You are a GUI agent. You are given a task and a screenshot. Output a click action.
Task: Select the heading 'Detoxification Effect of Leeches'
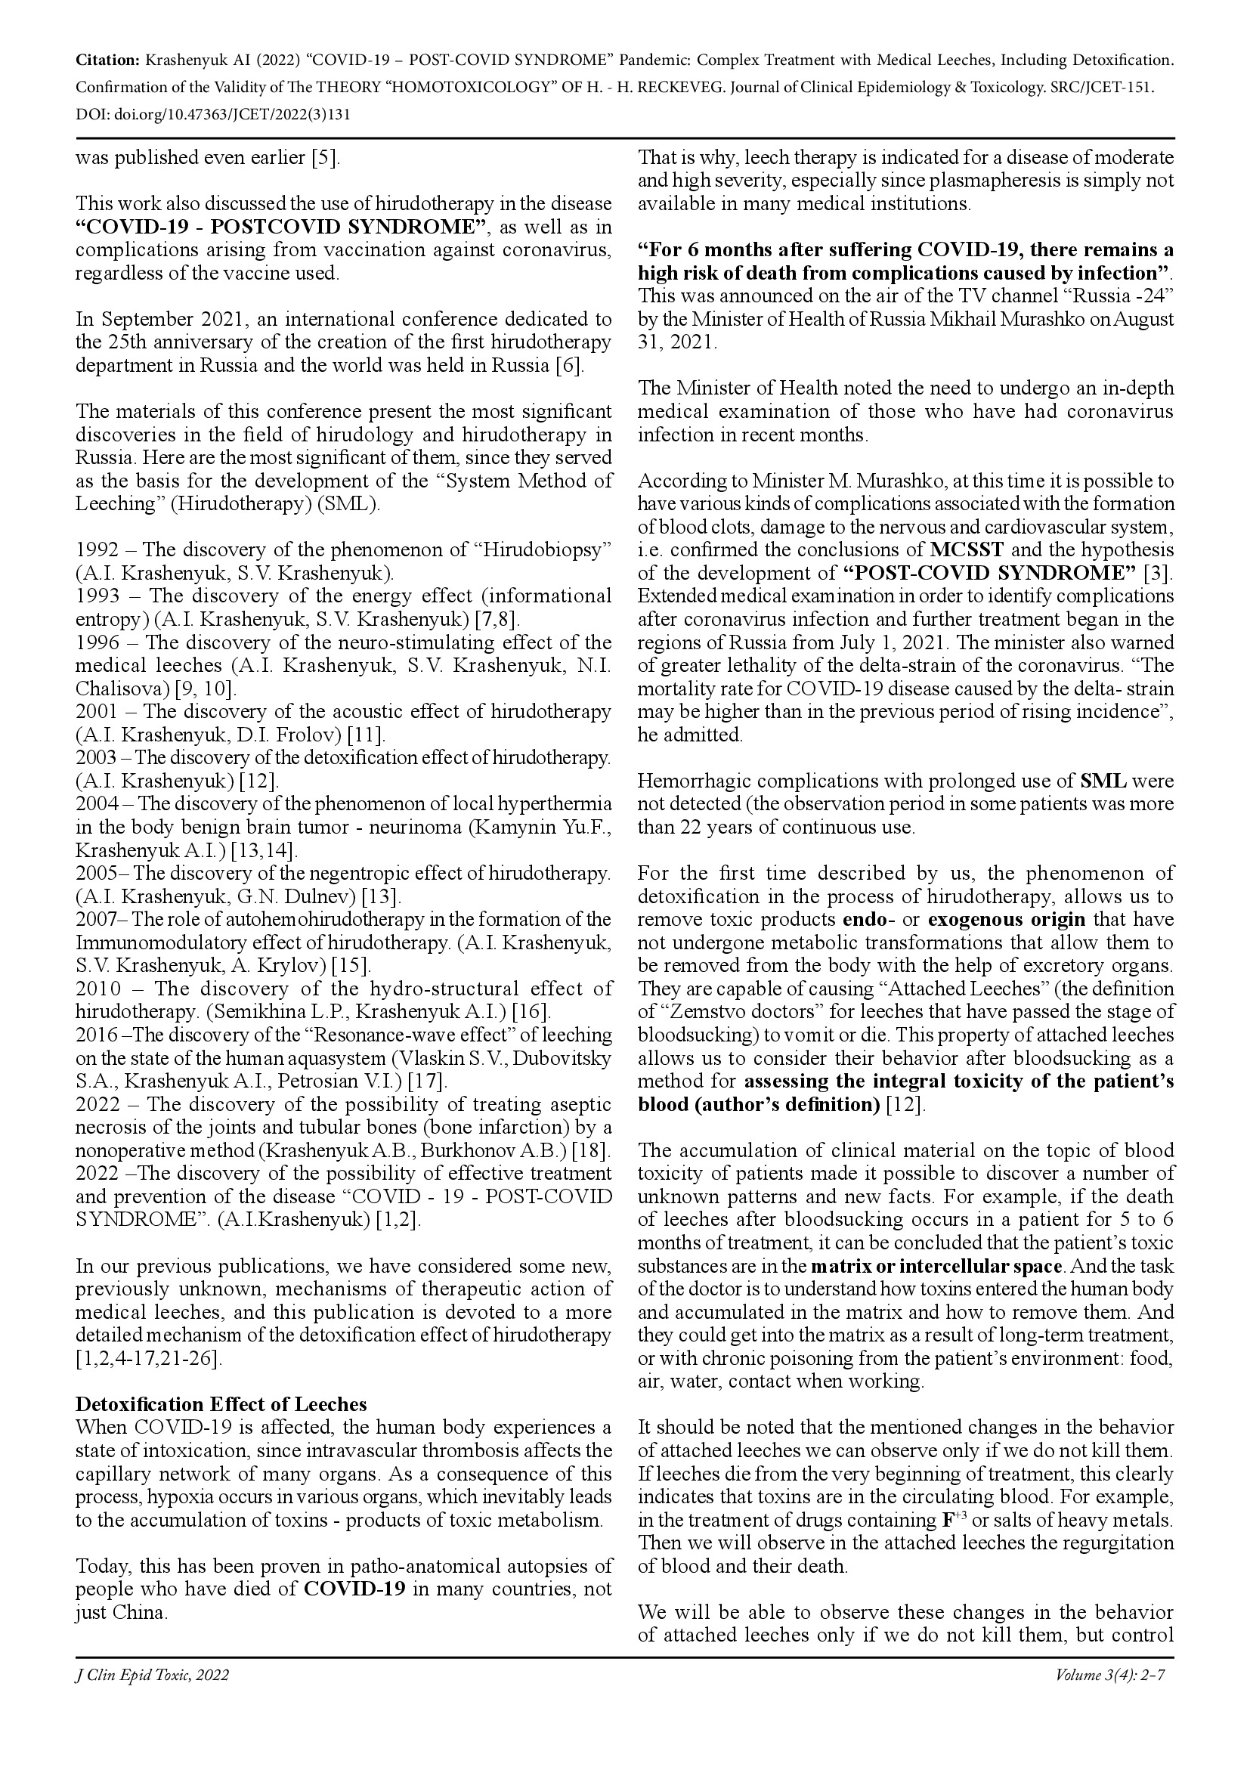221,1404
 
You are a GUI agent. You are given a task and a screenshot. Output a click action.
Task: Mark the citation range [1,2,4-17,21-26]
149,1358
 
